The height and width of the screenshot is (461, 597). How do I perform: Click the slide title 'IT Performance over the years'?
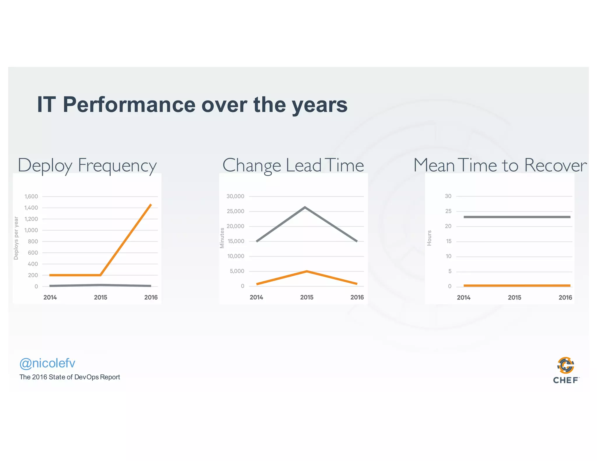tap(192, 105)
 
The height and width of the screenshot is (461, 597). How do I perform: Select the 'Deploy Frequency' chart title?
tap(87, 166)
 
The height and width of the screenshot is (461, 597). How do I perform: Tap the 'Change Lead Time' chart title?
tap(293, 166)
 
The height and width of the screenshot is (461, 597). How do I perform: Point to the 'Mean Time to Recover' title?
tap(500, 166)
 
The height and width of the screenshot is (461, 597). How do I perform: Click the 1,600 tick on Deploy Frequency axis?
tap(31, 196)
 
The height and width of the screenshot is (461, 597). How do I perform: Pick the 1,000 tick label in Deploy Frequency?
tap(31, 230)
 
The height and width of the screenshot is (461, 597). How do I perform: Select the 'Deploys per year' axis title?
tap(16, 238)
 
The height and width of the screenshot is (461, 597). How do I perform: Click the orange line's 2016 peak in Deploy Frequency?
tap(150, 205)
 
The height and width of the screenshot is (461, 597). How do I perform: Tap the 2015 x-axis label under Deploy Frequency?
tap(101, 297)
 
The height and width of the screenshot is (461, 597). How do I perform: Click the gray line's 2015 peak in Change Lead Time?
tap(305, 207)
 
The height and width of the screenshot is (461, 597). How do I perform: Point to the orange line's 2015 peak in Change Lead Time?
tap(307, 271)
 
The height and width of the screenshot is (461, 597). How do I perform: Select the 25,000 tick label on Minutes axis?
tap(235, 211)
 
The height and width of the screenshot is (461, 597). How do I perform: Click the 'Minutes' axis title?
tap(222, 238)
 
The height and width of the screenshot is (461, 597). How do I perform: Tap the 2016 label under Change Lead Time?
tap(357, 297)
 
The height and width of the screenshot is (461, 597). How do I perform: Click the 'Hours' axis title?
tap(429, 238)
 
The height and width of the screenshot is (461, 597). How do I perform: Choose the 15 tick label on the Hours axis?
tap(448, 241)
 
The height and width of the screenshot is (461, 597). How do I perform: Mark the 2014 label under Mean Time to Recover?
tap(463, 298)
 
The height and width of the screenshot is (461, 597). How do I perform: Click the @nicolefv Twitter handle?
tap(47, 363)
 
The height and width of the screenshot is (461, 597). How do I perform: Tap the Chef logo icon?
tap(566, 365)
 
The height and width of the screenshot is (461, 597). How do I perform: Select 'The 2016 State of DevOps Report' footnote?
tap(70, 377)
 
